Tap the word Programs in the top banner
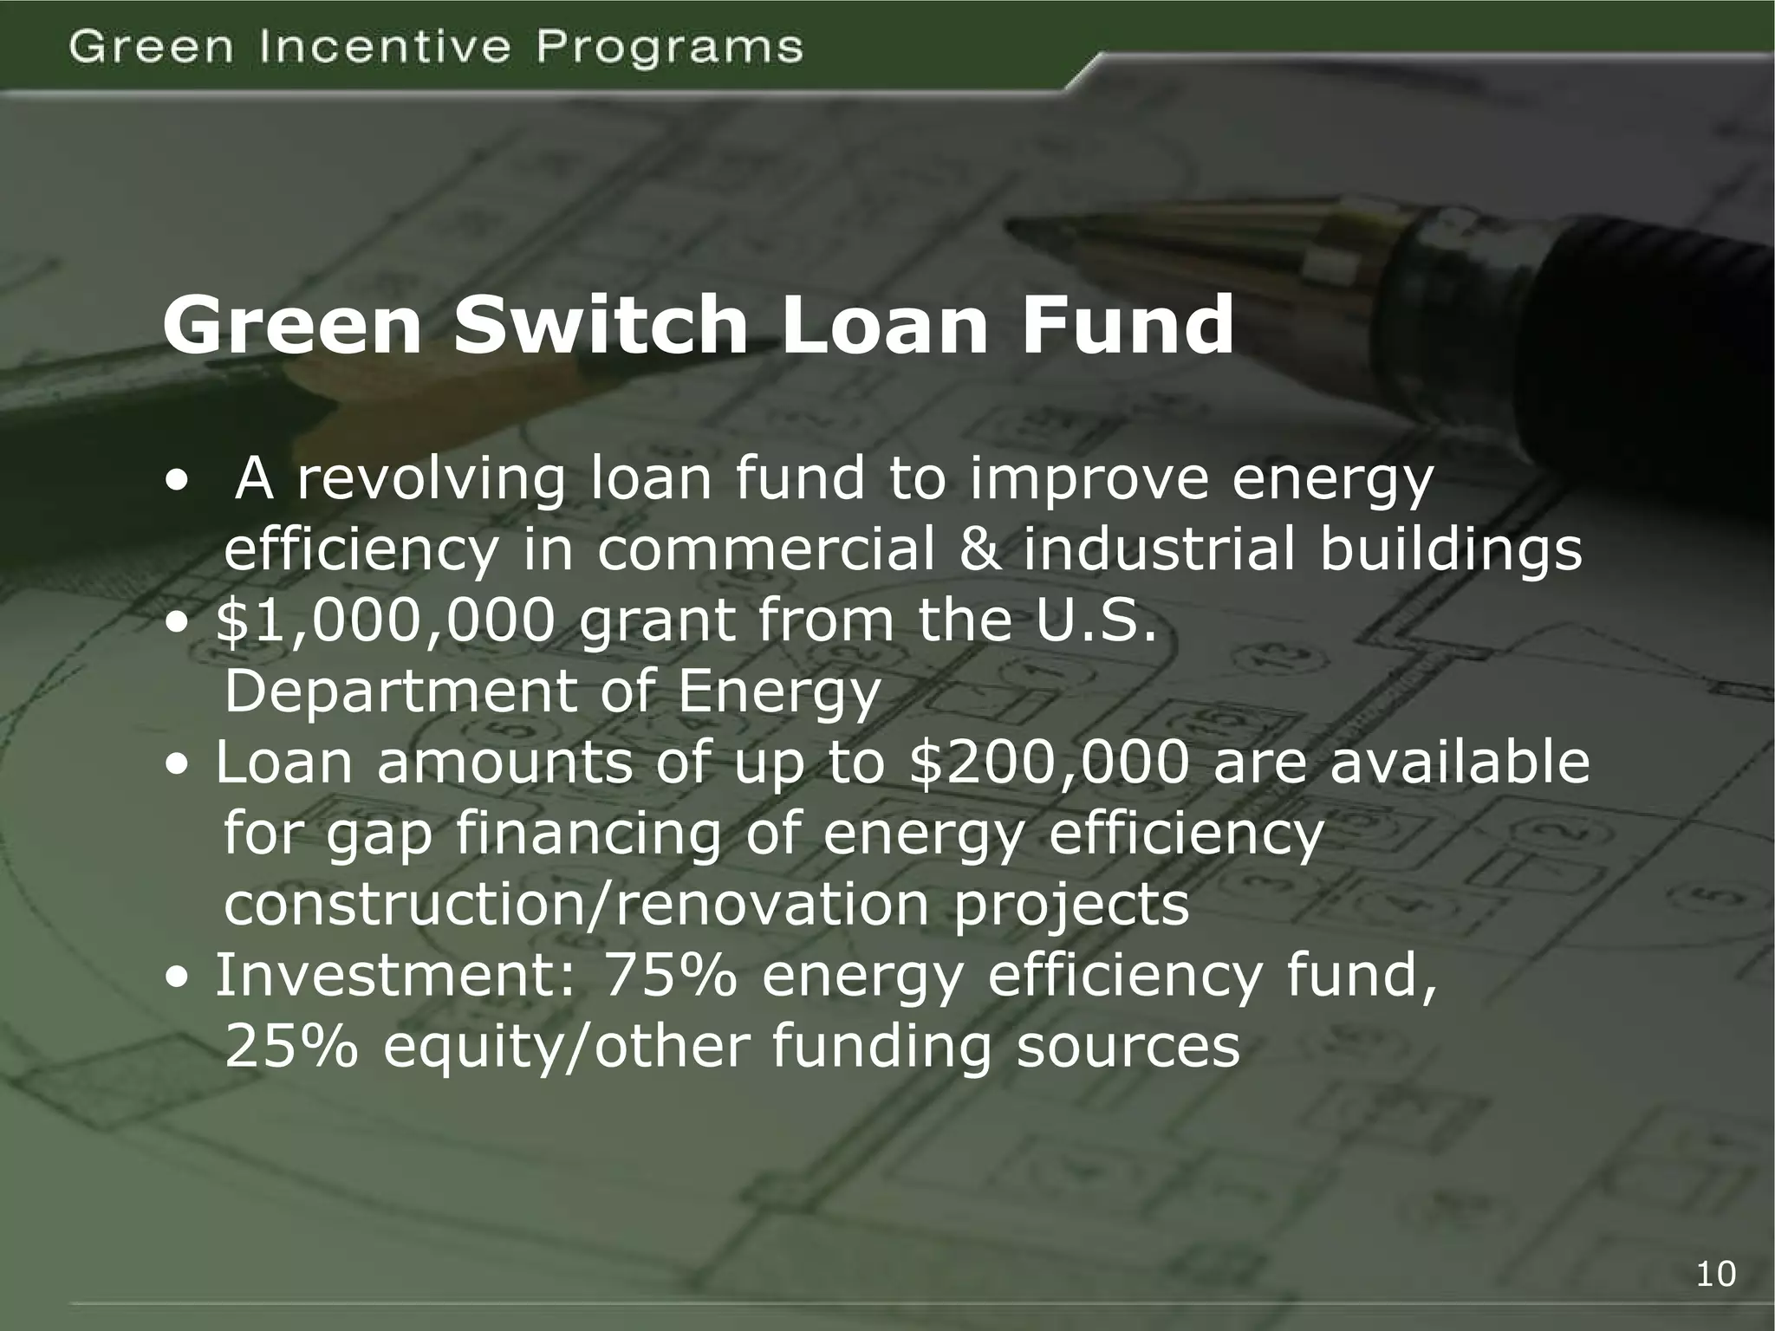tap(670, 49)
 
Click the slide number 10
tap(1715, 1274)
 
